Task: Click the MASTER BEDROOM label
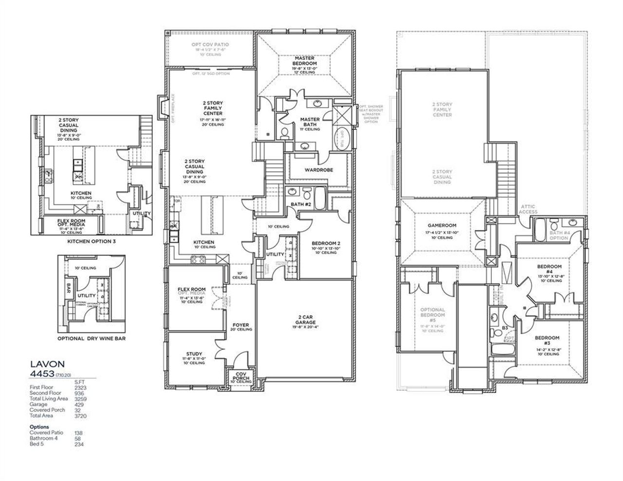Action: point(305,60)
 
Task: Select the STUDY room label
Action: point(194,354)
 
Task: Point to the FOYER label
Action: point(240,325)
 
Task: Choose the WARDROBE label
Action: point(318,170)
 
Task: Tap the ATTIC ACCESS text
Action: point(528,209)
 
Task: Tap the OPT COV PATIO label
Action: point(210,45)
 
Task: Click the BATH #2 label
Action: point(301,204)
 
